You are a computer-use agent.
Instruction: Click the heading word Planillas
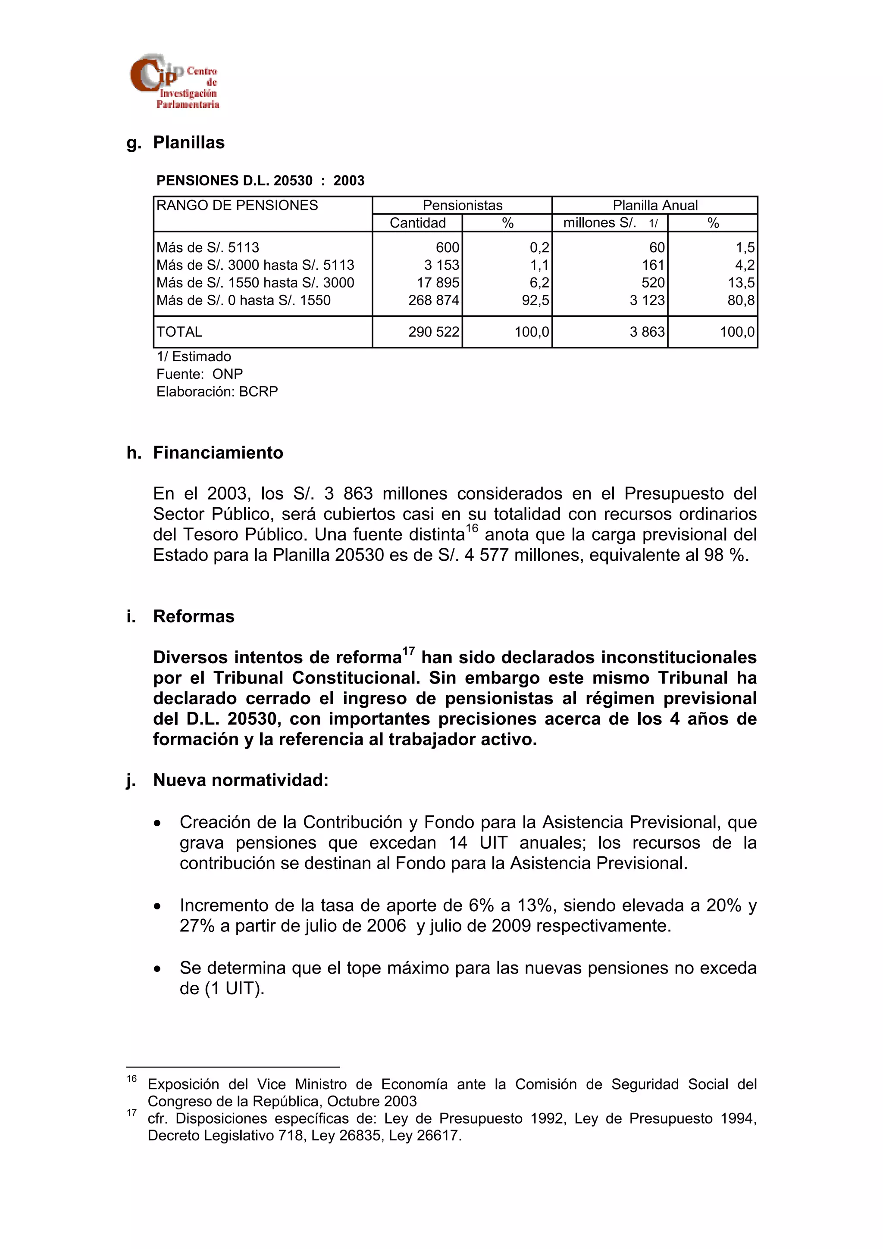(188, 143)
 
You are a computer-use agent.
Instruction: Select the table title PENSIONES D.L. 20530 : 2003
(260, 181)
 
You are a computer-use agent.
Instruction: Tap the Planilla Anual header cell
(654, 206)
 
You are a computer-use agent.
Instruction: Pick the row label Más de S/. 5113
(208, 247)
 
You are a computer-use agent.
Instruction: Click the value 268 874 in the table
(434, 300)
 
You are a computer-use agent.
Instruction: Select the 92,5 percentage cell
(535, 300)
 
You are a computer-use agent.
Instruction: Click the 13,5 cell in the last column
(741, 283)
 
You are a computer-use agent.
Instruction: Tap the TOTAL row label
(179, 332)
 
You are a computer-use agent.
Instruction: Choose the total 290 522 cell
(434, 332)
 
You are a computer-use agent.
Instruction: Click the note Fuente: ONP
(200, 374)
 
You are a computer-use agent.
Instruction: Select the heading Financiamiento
(218, 453)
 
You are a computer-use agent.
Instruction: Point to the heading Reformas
(194, 616)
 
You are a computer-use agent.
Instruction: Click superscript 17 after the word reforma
(409, 651)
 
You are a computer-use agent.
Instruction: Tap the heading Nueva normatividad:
(241, 780)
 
